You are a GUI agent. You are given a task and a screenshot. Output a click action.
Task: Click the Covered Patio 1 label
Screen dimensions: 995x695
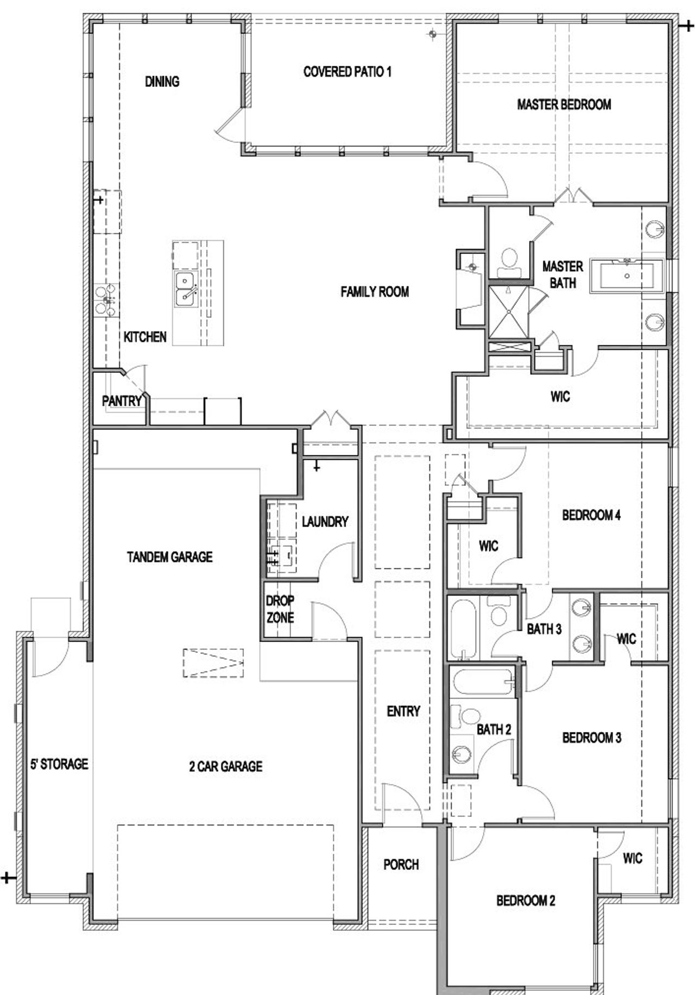click(347, 72)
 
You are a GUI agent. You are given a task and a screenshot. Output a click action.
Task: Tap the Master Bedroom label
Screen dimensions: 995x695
click(564, 104)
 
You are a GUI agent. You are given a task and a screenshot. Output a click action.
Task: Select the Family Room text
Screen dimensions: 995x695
click(375, 292)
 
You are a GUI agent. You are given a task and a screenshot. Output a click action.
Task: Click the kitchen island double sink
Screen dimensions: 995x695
click(185, 290)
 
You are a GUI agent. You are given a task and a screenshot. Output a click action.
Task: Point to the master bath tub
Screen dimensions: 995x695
click(626, 276)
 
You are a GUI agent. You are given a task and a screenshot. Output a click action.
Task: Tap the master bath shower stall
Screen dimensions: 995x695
click(508, 312)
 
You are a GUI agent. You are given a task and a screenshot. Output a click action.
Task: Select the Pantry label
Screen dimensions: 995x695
click(122, 401)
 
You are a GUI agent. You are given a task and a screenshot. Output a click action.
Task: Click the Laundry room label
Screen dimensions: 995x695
click(325, 522)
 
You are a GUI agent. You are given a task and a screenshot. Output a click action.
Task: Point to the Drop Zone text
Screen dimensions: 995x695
click(280, 609)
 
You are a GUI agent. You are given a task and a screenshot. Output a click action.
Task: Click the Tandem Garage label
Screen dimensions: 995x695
click(169, 557)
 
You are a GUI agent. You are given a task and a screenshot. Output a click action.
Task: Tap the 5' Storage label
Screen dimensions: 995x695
click(59, 764)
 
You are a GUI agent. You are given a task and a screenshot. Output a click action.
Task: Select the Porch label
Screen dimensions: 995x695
click(401, 864)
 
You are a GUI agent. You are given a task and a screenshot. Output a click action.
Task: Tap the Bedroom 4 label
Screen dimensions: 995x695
click(591, 515)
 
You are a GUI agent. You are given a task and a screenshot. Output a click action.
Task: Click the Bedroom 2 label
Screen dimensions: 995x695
click(525, 900)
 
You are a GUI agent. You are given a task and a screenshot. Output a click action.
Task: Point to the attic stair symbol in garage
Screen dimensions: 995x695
click(213, 662)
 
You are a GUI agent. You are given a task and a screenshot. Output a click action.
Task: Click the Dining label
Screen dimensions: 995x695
click(162, 82)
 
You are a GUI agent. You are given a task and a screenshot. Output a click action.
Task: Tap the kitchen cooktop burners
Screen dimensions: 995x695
click(105, 301)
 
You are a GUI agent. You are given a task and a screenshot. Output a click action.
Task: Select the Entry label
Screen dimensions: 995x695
click(403, 711)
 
